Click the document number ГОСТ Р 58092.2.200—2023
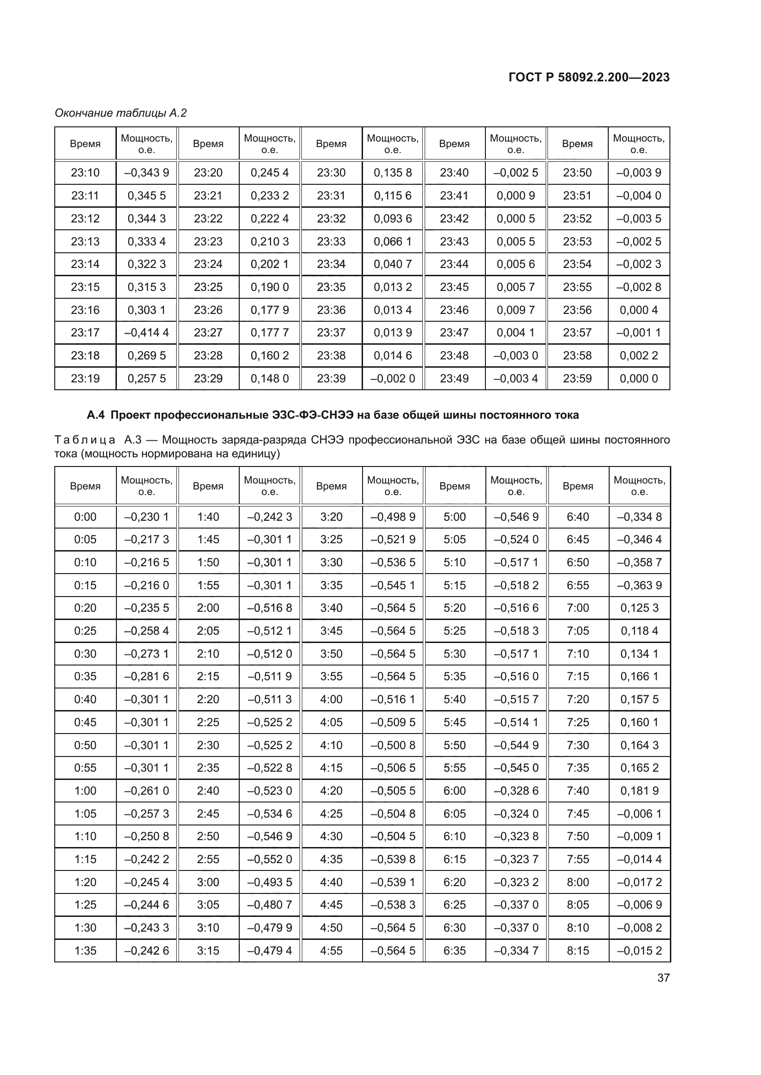tap(588, 77)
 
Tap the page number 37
tap(663, 978)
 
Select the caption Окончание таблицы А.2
tap(121, 113)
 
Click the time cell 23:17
tap(85, 332)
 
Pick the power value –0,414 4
tap(146, 332)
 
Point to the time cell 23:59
tap(577, 378)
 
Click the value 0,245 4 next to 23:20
tap(270, 173)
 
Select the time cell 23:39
tap(331, 378)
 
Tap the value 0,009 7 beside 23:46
tap(515, 310)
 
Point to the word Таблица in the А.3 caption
tap(85, 440)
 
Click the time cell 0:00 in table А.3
tap(85, 517)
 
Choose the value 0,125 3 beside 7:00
tap(639, 608)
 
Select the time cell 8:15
tap(577, 950)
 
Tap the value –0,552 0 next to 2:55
tap(270, 859)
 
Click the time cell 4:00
tap(331, 700)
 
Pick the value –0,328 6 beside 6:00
tap(515, 791)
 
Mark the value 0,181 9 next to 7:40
tap(639, 791)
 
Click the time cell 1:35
tap(85, 950)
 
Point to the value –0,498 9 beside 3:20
tap(392, 517)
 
